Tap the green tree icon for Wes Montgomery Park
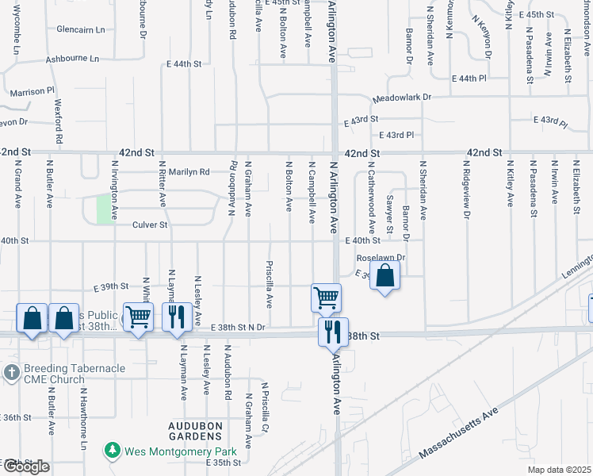(x=113, y=451)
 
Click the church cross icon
(x=11, y=371)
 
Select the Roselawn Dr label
(x=381, y=258)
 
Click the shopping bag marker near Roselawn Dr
(x=384, y=276)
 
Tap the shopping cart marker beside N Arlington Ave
(x=326, y=297)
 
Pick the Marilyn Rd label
(x=187, y=171)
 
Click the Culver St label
(x=150, y=225)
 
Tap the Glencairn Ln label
(x=80, y=30)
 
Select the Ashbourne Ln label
(x=72, y=59)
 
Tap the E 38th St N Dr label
(x=238, y=327)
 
